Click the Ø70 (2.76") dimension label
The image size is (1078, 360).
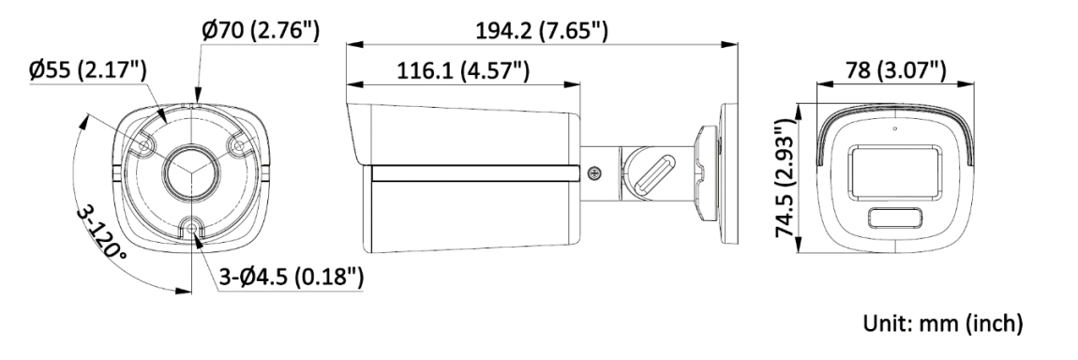coord(261,31)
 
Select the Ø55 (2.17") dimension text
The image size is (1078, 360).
coord(88,70)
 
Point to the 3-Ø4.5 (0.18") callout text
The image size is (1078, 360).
coord(291,277)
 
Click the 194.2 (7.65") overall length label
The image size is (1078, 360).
coord(542,31)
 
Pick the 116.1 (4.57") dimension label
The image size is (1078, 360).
coord(463,70)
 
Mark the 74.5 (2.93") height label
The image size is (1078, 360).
coord(788,179)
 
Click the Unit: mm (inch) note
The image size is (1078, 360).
coord(943,322)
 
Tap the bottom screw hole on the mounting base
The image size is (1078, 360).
coord(192,227)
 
